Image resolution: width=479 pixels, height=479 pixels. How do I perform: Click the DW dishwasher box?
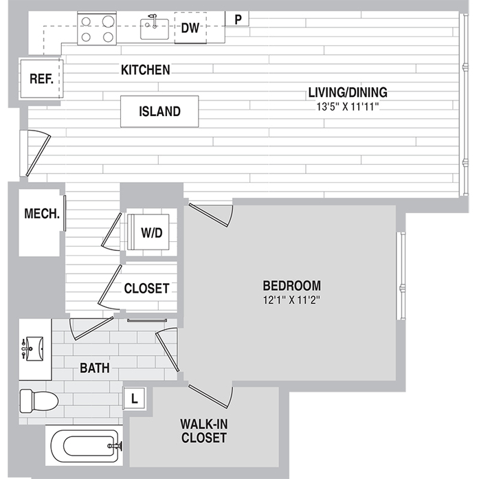[x=190, y=28]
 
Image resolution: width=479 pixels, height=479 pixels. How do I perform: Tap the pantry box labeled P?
[x=238, y=19]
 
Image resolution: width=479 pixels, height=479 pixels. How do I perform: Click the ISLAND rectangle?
[x=159, y=111]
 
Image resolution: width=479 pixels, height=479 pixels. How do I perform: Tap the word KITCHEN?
[x=145, y=70]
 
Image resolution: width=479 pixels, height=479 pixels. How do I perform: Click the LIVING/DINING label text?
[x=348, y=92]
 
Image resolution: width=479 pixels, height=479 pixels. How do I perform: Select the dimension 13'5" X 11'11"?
[x=348, y=106]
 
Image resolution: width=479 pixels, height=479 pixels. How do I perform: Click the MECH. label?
[x=43, y=213]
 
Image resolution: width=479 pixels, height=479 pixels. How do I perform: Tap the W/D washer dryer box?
[x=151, y=232]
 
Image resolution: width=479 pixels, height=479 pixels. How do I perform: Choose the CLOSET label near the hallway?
[x=146, y=289]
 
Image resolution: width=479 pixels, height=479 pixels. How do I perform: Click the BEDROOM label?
[x=292, y=285]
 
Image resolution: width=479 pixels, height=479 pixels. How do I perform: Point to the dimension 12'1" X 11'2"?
[x=292, y=300]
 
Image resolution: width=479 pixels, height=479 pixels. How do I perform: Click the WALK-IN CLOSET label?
[x=203, y=430]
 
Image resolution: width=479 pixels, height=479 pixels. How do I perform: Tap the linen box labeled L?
[x=135, y=397]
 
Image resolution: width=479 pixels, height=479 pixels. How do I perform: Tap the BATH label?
[x=95, y=368]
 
